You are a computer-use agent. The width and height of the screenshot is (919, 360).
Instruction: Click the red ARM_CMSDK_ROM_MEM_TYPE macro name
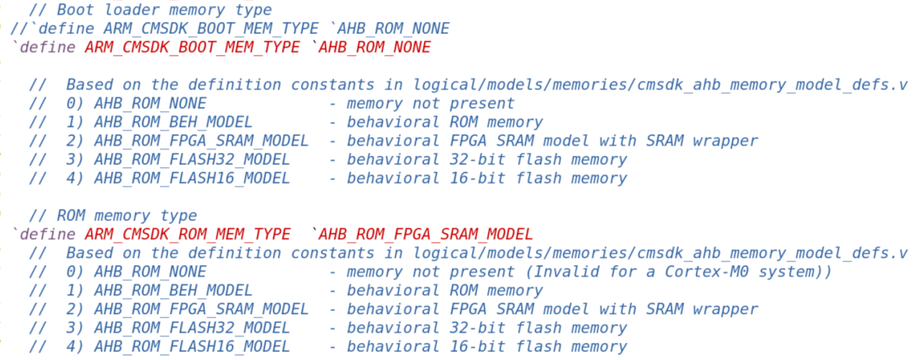[x=187, y=234]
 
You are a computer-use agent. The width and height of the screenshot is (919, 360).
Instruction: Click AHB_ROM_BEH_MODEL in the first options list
[x=173, y=122]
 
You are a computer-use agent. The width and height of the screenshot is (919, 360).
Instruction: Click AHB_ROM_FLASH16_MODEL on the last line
[x=192, y=346]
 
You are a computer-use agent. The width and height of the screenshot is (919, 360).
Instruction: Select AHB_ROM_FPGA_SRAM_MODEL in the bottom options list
[x=202, y=309]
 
